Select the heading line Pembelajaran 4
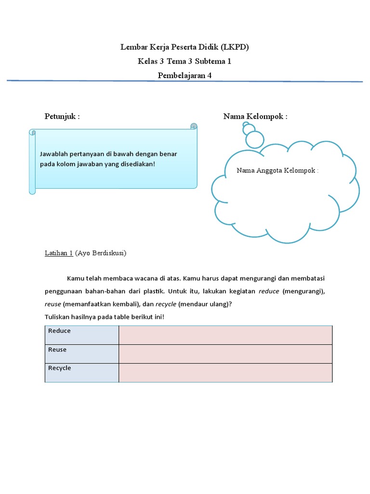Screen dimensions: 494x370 tap(185, 75)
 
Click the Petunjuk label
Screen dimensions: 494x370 tap(62, 117)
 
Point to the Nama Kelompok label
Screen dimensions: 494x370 tap(255, 117)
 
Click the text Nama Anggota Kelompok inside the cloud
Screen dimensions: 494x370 tap(277, 171)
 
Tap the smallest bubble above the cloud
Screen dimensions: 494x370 tap(247, 127)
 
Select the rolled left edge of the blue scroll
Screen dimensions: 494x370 tap(32, 161)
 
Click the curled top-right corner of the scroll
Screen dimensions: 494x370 tap(194, 126)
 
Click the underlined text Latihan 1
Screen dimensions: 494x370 tap(59, 253)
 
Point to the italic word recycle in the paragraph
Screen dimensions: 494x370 tap(166, 304)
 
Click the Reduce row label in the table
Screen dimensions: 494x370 tap(59, 331)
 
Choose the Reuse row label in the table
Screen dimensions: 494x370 tap(57, 349)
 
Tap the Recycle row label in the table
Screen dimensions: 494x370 tap(59, 368)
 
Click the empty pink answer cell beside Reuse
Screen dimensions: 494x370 tap(225, 354)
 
